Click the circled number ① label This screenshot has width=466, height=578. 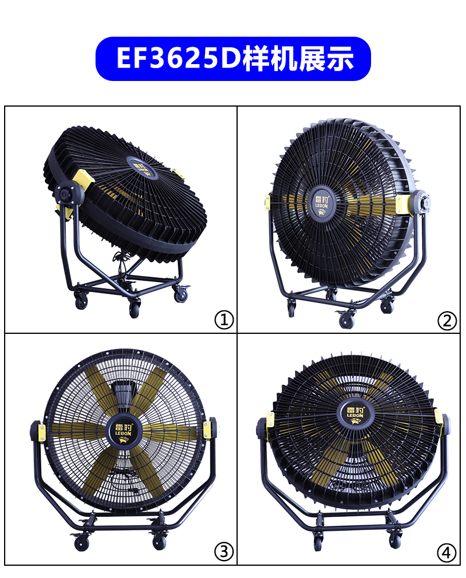pos(224,320)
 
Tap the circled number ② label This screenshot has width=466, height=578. pos(447,320)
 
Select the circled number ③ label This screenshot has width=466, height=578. pos(224,552)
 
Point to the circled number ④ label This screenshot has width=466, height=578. pos(447,552)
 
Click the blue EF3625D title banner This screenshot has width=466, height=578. pos(233,59)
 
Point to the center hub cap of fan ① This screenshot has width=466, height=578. pos(143,167)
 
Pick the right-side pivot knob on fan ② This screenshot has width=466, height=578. pos(421,203)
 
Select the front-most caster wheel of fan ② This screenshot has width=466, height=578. pos(347,320)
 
